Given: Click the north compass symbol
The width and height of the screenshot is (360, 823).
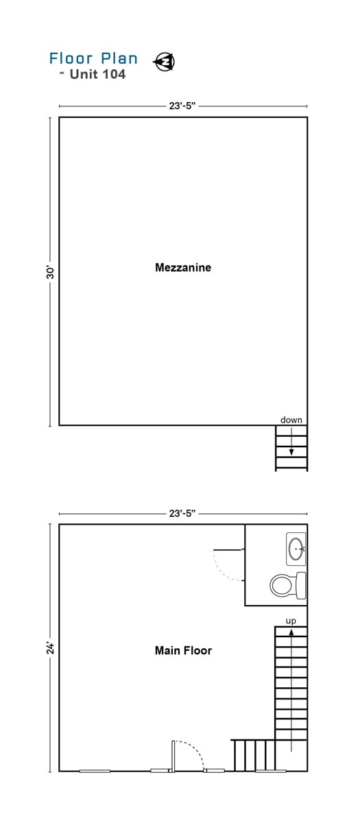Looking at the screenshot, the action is (x=164, y=61).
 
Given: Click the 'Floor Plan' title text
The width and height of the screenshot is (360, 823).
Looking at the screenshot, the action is (x=93, y=58).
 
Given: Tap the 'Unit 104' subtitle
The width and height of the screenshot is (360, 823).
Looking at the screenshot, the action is (x=97, y=74).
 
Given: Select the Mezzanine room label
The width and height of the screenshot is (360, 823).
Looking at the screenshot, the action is (x=183, y=267).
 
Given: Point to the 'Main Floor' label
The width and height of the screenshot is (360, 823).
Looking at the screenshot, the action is (x=183, y=650).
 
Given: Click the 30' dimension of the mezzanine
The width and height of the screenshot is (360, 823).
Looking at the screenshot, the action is (x=50, y=272).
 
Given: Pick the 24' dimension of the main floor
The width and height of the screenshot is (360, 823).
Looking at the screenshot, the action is (x=50, y=648).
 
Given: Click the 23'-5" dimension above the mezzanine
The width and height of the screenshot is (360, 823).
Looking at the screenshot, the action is (x=182, y=106).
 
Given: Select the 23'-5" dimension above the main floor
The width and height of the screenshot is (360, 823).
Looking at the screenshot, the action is (x=182, y=513).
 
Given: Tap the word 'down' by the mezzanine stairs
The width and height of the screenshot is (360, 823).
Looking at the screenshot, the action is (x=291, y=420).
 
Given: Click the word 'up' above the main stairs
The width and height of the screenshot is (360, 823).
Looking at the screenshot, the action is (x=291, y=621).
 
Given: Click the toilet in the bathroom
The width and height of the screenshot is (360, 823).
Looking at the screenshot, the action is (x=288, y=585).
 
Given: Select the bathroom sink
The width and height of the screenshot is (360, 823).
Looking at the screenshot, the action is (x=296, y=549).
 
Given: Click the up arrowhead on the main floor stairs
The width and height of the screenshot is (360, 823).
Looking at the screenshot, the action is (x=291, y=632).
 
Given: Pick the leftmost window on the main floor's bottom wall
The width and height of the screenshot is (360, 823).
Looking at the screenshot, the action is (x=95, y=771).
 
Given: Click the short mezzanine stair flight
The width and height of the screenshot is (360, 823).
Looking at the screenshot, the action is (x=291, y=448).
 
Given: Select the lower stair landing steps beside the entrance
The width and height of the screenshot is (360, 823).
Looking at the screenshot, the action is (x=253, y=755).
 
